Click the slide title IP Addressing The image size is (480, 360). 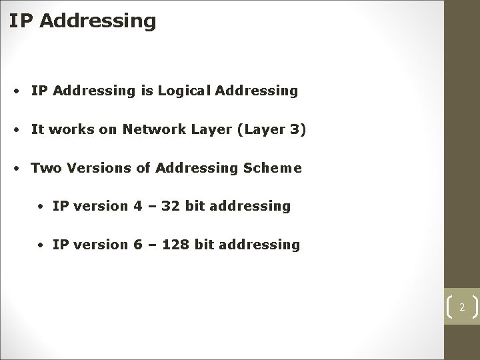[83, 21]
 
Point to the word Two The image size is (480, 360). [45, 168]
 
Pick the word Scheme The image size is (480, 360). [275, 168]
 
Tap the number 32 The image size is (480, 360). [171, 206]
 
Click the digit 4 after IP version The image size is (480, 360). [138, 206]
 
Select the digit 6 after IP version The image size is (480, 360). [138, 245]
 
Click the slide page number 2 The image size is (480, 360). [461, 307]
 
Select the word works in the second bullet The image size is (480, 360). [71, 129]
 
